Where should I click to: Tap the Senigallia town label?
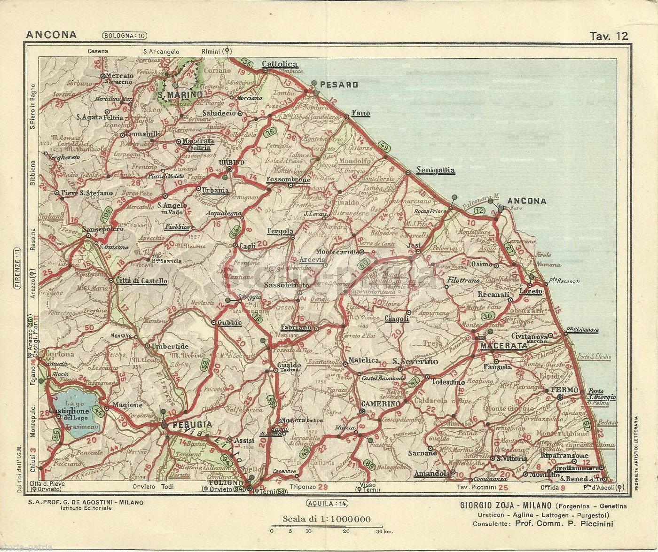[x=436, y=171]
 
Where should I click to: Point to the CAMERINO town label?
[x=381, y=404]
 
